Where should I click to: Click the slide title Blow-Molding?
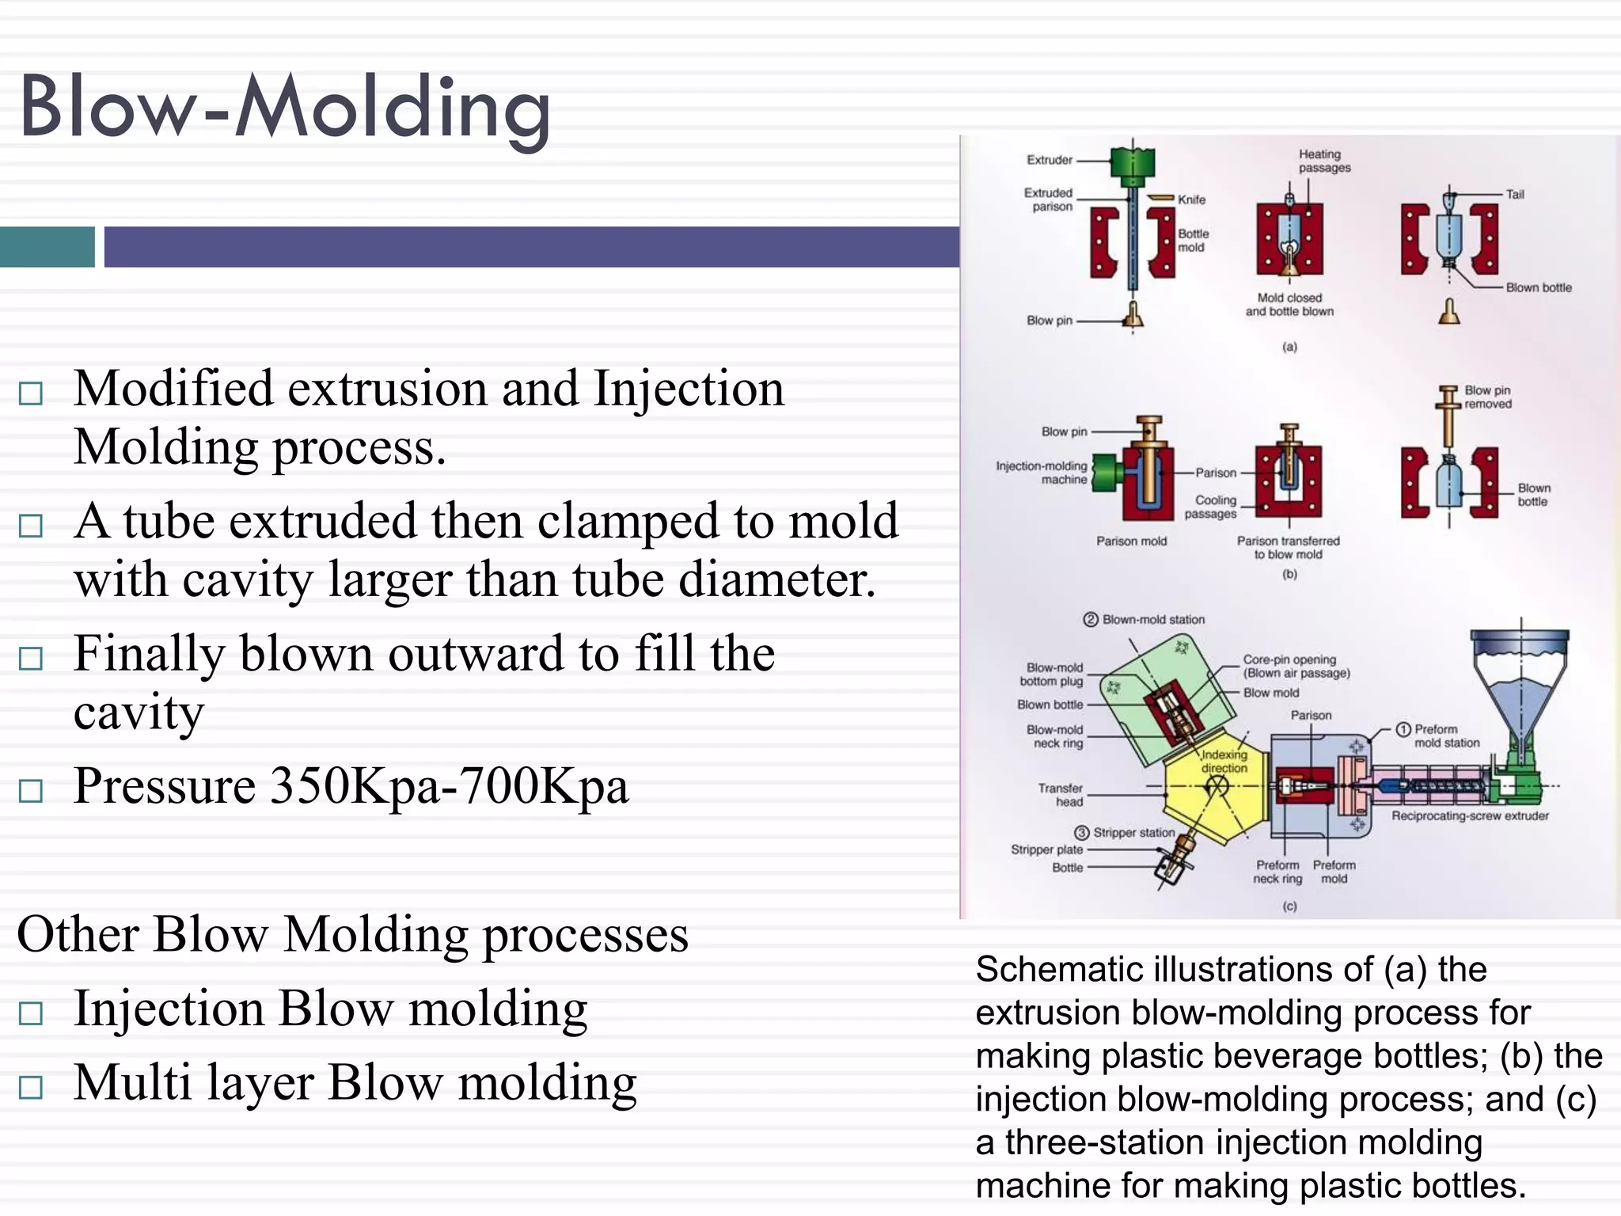pyautogui.click(x=285, y=107)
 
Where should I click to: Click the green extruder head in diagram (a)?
pyautogui.click(x=1133, y=162)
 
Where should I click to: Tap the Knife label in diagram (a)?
pyautogui.click(x=1191, y=199)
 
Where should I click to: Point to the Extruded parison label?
pyautogui.click(x=1049, y=199)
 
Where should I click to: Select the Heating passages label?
pyautogui.click(x=1324, y=161)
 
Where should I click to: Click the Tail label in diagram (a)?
pyautogui.click(x=1514, y=194)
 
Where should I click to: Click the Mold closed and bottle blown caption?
pyautogui.click(x=1289, y=305)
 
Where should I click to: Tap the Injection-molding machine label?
pyautogui.click(x=1042, y=473)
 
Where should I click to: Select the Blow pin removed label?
pyautogui.click(x=1487, y=397)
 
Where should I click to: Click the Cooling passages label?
pyautogui.click(x=1211, y=507)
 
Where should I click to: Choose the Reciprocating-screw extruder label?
pyautogui.click(x=1470, y=815)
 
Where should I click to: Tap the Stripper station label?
pyautogui.click(x=1133, y=833)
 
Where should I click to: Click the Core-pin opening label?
pyautogui.click(x=1289, y=659)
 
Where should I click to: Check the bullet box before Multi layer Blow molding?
pyautogui.click(x=31, y=1087)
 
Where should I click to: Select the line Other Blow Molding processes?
pyautogui.click(x=352, y=934)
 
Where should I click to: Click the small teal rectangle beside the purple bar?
pyautogui.click(x=47, y=246)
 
